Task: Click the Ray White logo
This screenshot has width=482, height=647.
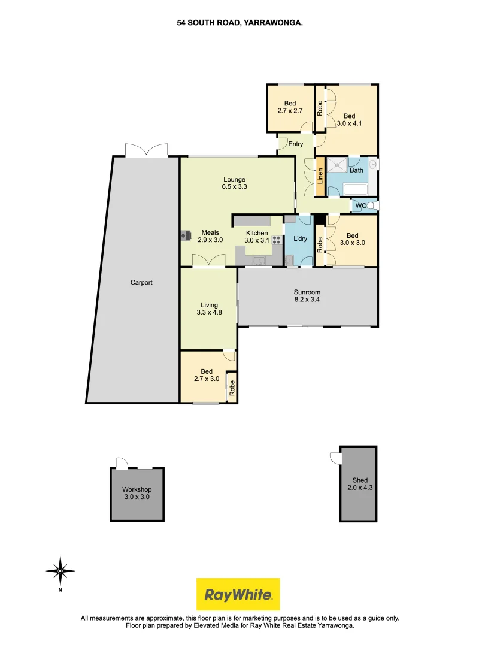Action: click(238, 594)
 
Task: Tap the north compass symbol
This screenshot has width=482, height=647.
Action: click(60, 571)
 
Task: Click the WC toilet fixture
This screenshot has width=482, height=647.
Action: click(372, 206)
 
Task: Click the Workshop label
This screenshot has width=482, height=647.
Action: click(137, 489)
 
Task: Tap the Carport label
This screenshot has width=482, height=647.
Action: click(142, 282)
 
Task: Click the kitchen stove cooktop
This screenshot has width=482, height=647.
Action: click(277, 239)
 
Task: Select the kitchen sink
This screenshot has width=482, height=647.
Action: click(259, 260)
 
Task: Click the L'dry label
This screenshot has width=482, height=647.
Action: click(300, 239)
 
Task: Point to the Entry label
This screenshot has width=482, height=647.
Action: click(296, 144)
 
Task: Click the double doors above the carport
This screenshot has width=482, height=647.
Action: click(146, 150)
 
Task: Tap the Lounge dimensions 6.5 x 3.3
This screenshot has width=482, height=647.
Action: click(235, 187)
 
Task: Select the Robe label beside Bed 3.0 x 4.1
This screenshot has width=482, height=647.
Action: click(320, 108)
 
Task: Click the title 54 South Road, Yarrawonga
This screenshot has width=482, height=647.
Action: click(240, 23)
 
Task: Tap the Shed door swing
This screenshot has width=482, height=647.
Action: click(335, 458)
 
